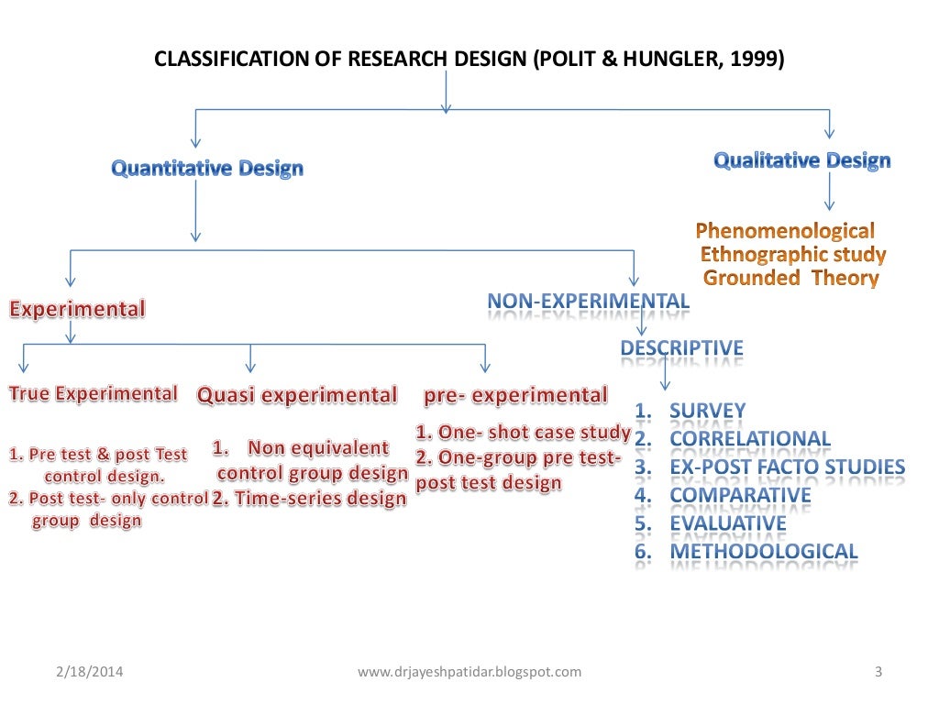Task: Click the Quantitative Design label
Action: click(x=207, y=169)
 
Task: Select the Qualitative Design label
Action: click(x=801, y=161)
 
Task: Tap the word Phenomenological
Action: click(x=785, y=230)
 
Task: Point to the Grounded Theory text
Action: click(x=790, y=278)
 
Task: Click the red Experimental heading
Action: click(x=77, y=309)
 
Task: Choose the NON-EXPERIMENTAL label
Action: click(x=588, y=302)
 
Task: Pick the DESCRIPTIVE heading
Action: click(x=681, y=348)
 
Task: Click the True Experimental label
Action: click(x=93, y=394)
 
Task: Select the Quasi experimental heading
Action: click(x=297, y=396)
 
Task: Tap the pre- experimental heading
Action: click(x=515, y=395)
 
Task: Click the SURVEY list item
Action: click(x=707, y=411)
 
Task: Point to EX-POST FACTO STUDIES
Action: click(x=787, y=467)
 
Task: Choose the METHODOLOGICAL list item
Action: click(x=763, y=552)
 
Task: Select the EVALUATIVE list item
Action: click(x=727, y=523)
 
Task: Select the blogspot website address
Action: click(x=469, y=672)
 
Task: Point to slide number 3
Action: click(x=878, y=672)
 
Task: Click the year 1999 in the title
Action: click(x=757, y=60)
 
